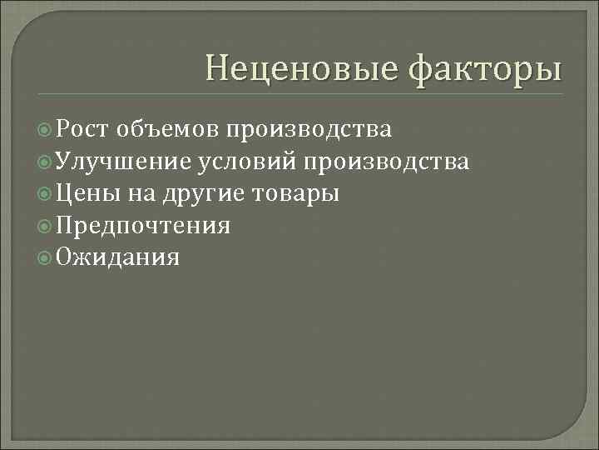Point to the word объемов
169,129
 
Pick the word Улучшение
124,162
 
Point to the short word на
138,194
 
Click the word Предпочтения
144,226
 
